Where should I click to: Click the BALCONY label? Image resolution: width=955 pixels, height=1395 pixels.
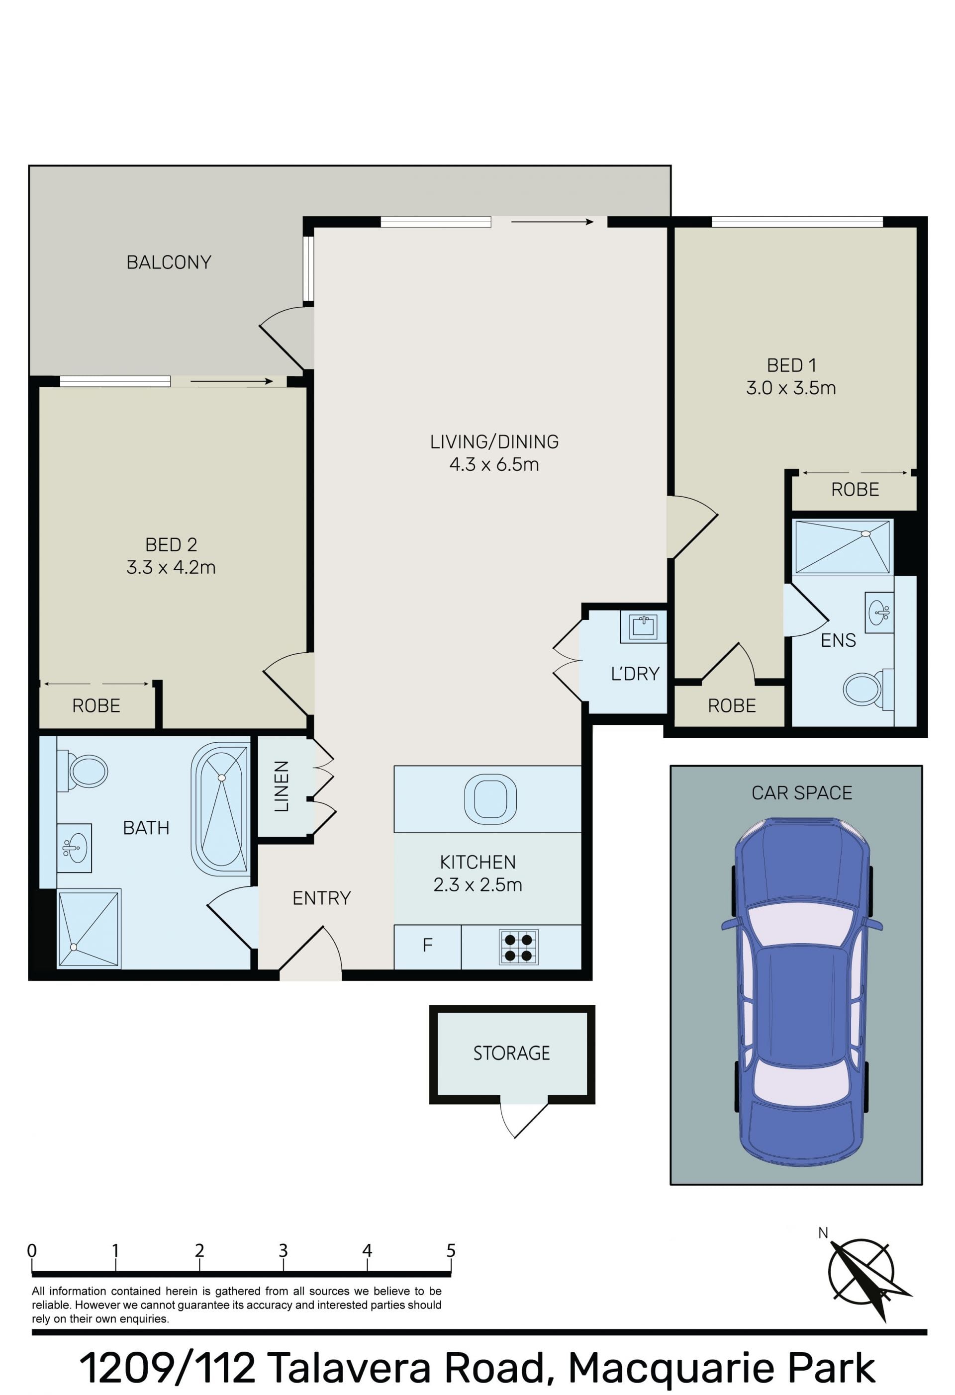pyautogui.click(x=168, y=262)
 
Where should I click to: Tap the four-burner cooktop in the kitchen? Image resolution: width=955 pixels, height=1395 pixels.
pyautogui.click(x=518, y=947)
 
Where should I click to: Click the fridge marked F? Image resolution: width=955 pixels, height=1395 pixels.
pyautogui.click(x=427, y=947)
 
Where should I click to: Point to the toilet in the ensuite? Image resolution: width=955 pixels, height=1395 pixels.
pyautogui.click(x=868, y=689)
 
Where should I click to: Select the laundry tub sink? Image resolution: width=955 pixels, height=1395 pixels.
pyautogui.click(x=643, y=627)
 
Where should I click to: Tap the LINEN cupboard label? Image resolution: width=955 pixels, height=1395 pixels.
pyautogui.click(x=282, y=786)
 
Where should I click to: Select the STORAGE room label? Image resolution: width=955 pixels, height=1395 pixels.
pyautogui.click(x=511, y=1053)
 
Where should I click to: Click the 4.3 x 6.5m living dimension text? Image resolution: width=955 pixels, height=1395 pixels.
pyautogui.click(x=494, y=465)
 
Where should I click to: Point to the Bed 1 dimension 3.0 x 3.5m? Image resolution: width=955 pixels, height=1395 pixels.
pyautogui.click(x=791, y=388)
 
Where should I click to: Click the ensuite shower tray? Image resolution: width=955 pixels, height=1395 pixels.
pyautogui.click(x=843, y=547)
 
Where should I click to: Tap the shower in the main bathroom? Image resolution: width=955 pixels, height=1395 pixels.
pyautogui.click(x=89, y=929)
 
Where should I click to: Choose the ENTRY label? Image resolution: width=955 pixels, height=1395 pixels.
pyautogui.click(x=321, y=898)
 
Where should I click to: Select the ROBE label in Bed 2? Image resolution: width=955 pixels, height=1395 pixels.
pyautogui.click(x=96, y=705)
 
